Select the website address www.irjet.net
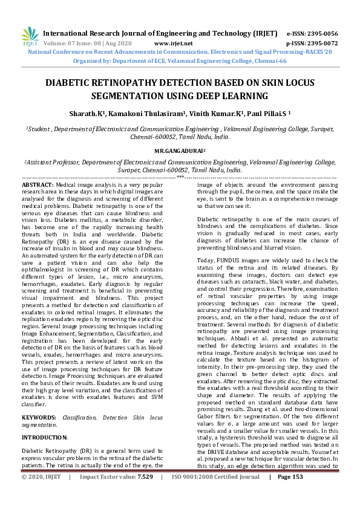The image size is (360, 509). pos(174,44)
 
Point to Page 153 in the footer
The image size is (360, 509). pos(290,494)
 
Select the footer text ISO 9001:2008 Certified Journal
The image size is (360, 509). pos(216,494)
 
